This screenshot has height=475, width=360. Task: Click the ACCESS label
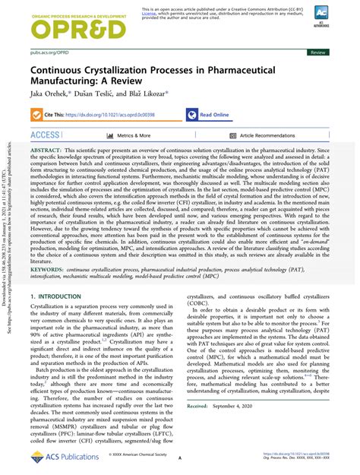(x=46, y=135)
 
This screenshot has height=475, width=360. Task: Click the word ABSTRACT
(x=48, y=153)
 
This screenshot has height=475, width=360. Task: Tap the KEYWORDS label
(x=49, y=269)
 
